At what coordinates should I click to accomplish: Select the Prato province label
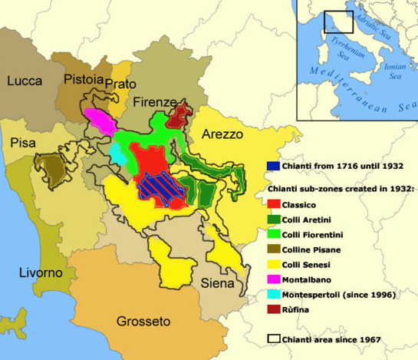click(120, 84)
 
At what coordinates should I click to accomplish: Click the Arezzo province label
click(222, 134)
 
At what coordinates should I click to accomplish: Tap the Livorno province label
click(41, 272)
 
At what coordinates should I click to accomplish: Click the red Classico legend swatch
click(273, 203)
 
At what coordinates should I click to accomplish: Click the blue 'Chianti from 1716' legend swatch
click(273, 166)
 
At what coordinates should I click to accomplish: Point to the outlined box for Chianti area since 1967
click(273, 339)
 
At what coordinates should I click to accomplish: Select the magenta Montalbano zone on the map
click(100, 120)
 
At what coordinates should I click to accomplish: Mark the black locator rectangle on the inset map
click(338, 21)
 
